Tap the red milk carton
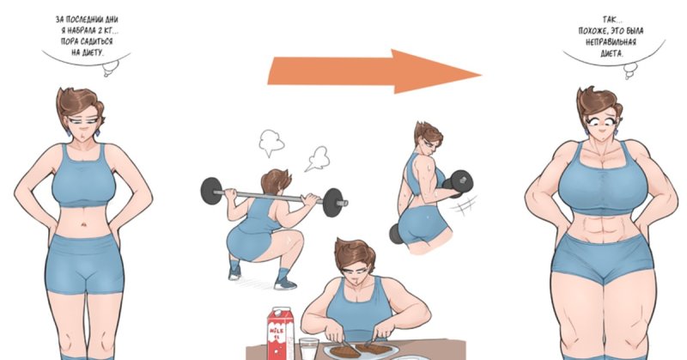280,333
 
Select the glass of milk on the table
310,349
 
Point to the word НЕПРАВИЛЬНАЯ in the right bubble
611,42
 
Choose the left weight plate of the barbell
211,190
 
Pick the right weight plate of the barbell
333,202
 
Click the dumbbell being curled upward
459,180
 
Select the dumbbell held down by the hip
395,234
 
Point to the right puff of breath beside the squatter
318,159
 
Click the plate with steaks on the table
362,351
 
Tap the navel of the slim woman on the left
82,225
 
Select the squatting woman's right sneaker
285,283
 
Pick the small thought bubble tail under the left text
110,70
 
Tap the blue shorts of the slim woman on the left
84,264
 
